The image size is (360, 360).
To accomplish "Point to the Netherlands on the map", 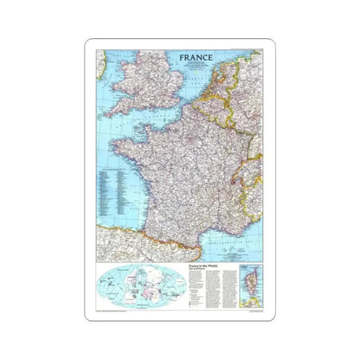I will [x=217, y=78].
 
